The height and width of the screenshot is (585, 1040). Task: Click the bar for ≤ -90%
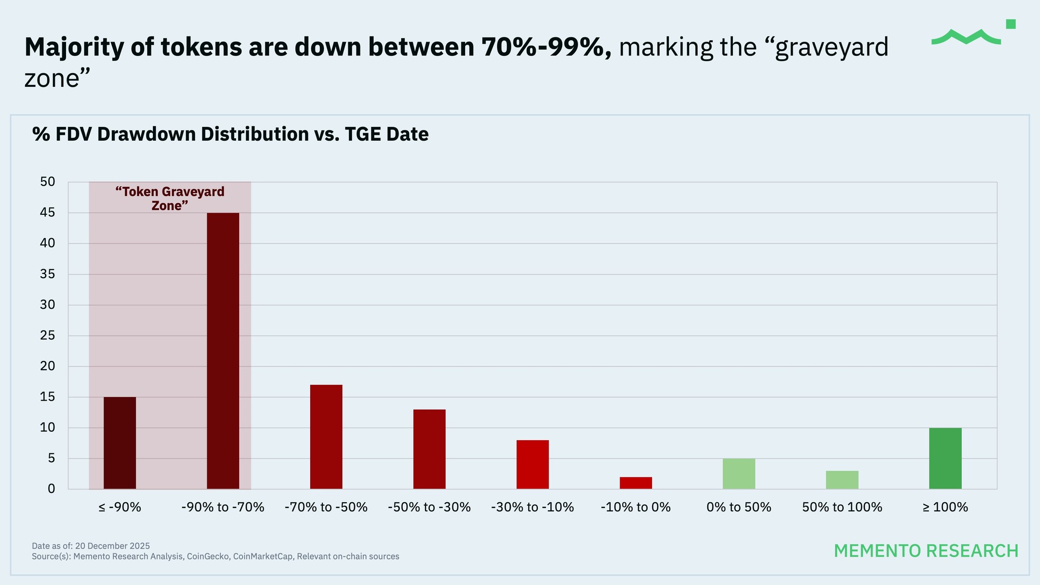coord(120,443)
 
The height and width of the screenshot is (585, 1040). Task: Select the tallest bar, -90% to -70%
coord(223,350)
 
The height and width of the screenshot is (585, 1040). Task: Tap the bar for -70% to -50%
coord(326,437)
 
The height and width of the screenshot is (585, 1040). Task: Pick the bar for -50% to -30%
coord(429,449)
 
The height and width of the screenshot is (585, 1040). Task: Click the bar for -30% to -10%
coord(533,464)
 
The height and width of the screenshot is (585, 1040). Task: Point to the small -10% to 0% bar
coord(636,483)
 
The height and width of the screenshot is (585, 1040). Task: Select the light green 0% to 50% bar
coord(739,474)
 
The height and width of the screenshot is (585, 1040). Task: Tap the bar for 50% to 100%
coord(842,480)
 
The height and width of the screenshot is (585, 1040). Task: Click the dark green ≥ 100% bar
coord(945,458)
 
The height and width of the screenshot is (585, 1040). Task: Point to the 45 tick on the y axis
coord(48,213)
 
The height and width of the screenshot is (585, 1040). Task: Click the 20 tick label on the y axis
coord(48,366)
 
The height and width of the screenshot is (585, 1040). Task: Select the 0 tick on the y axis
coord(51,489)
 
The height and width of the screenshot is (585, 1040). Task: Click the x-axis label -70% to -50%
coord(326,507)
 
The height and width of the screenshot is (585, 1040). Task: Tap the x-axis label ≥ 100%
coord(945,507)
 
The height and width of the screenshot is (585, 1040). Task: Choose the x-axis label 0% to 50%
coord(739,507)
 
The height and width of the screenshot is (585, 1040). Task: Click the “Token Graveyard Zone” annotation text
coord(170,199)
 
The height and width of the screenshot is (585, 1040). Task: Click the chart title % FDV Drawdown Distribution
coord(230,134)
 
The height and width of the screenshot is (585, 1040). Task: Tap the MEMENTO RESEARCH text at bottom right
coord(926,550)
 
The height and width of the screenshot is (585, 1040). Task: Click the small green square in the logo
coord(1011,24)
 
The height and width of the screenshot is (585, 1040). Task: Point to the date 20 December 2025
coord(112,546)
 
